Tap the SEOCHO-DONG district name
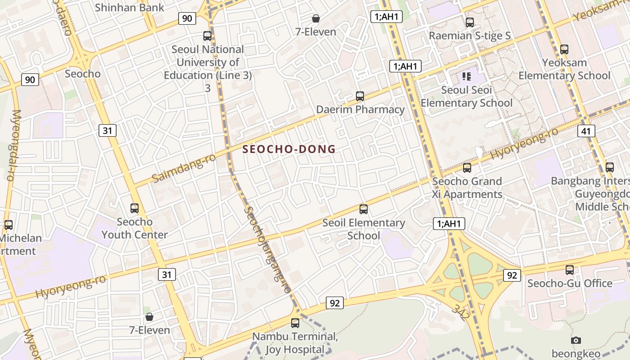tap(289, 149)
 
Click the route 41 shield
tap(586, 131)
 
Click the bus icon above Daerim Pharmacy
tap(360, 96)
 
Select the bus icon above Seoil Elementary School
tap(364, 209)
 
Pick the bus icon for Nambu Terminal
tap(295, 323)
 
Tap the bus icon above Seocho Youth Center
tap(135, 208)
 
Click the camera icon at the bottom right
tap(576, 340)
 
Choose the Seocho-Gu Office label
tap(570, 283)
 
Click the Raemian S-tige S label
tap(470, 36)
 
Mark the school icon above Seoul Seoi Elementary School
tap(466, 76)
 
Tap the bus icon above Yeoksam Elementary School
tap(564, 49)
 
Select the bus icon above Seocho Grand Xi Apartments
tap(467, 168)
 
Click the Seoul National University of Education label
tap(207, 62)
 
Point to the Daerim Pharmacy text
tap(360, 109)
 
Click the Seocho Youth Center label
tap(135, 228)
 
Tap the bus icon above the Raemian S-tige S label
tap(470, 22)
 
